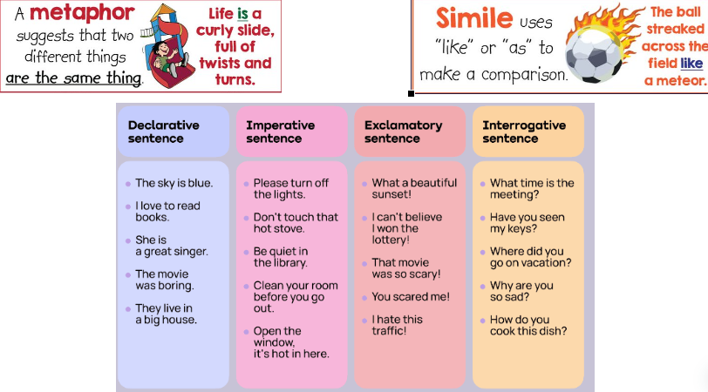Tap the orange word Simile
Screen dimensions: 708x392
474,18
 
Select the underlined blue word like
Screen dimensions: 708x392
691,63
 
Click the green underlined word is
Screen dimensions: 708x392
242,14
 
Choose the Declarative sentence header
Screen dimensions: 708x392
163,132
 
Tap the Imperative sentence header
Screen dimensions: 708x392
281,132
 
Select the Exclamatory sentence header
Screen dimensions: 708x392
403,132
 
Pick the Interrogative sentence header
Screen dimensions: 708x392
524,132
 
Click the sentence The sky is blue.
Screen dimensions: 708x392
174,183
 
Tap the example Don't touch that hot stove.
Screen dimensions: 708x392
296,223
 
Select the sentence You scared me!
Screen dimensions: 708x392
411,297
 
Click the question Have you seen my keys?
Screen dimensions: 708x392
527,223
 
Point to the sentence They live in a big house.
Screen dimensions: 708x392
167,314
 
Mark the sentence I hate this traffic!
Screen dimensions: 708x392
397,325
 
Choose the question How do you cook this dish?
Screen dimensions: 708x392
528,325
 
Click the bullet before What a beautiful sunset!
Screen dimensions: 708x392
364,184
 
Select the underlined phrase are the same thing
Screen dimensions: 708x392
73,78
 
